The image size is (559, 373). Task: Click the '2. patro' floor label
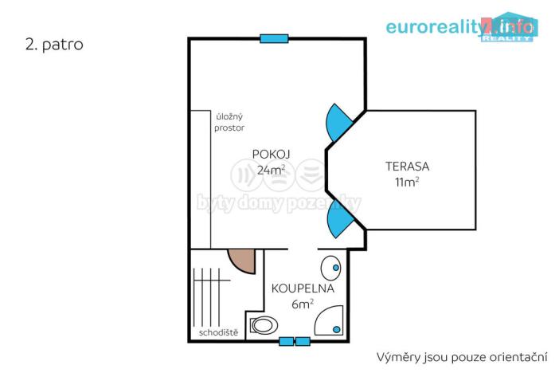coord(53,45)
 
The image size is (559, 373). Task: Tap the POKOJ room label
coord(271,154)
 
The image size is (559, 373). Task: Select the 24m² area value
coord(271,170)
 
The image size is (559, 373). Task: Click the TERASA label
coord(407,167)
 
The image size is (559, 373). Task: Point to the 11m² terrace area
coord(407,182)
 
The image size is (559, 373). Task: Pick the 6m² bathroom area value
coord(303,303)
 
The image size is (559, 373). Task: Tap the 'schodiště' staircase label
coord(217,332)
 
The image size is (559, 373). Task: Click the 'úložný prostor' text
coord(229,122)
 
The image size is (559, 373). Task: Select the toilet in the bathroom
coord(264,324)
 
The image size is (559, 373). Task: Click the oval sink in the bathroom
coord(330,266)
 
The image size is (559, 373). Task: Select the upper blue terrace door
coord(337,124)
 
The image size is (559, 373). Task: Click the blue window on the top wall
coord(274,38)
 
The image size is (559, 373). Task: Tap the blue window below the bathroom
coord(295,341)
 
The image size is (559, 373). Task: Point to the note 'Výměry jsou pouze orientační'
coord(462,355)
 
